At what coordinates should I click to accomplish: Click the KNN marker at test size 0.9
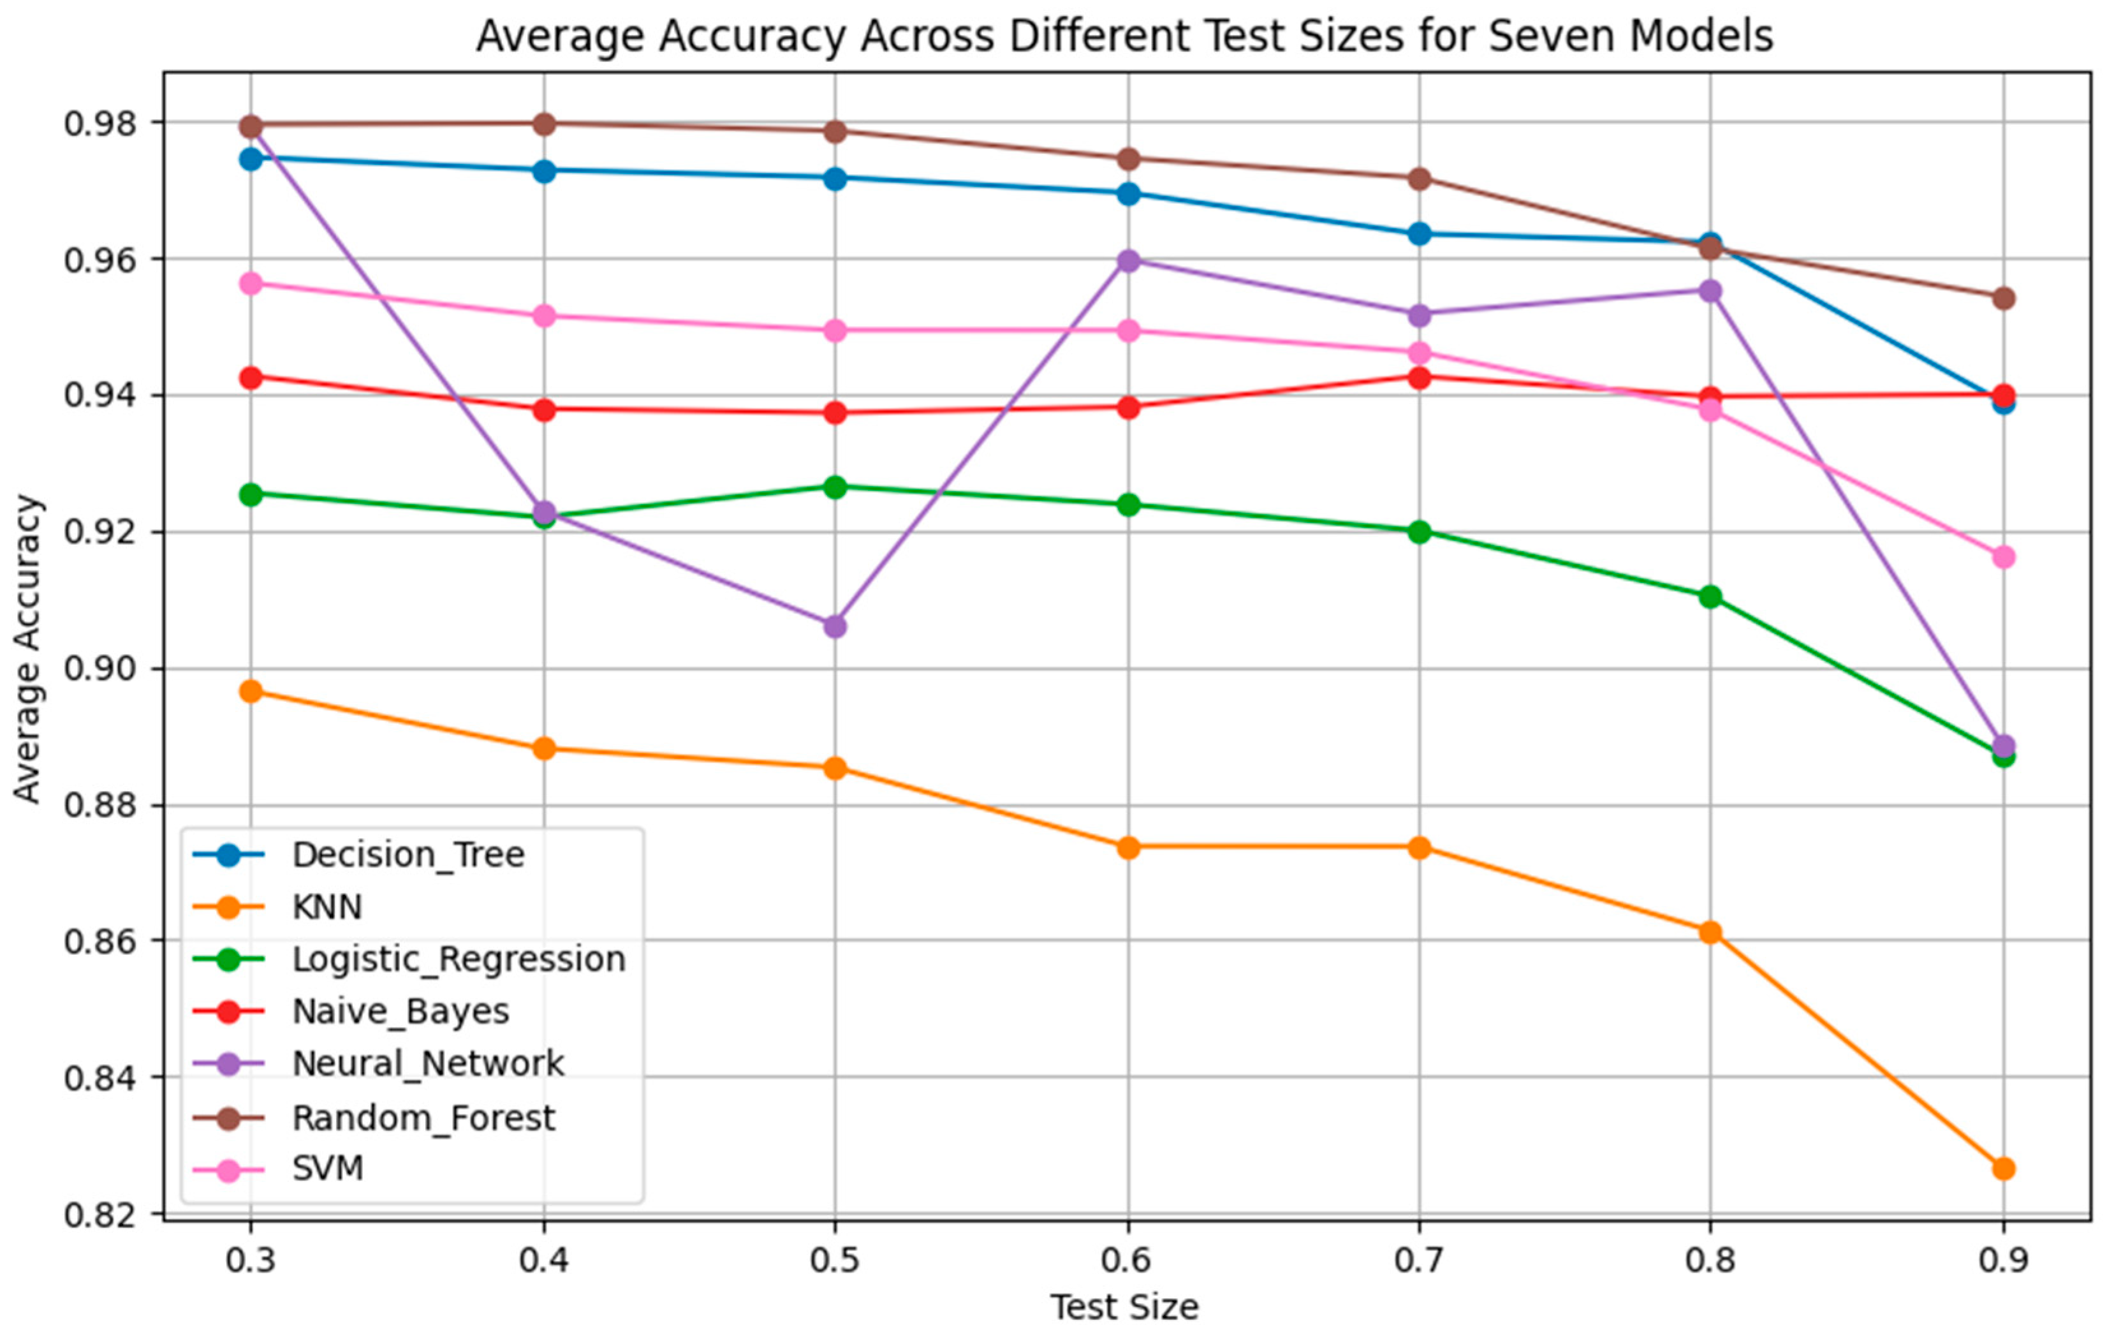tap(2003, 1168)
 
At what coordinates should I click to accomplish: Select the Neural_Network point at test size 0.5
tap(835, 626)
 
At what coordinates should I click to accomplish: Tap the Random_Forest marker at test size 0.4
tap(544, 123)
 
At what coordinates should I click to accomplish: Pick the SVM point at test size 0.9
tap(2003, 557)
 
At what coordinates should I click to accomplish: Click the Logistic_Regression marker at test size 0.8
tap(1710, 597)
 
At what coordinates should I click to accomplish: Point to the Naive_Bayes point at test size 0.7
tap(1420, 377)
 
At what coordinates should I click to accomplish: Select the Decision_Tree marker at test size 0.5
tap(835, 179)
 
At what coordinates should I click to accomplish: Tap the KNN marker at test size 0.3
tap(251, 692)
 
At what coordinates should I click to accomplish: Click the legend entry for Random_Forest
tap(423, 1118)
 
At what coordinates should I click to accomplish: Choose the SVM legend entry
tap(327, 1168)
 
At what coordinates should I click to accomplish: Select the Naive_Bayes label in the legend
tap(400, 1012)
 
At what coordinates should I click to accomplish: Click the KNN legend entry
tap(327, 906)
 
